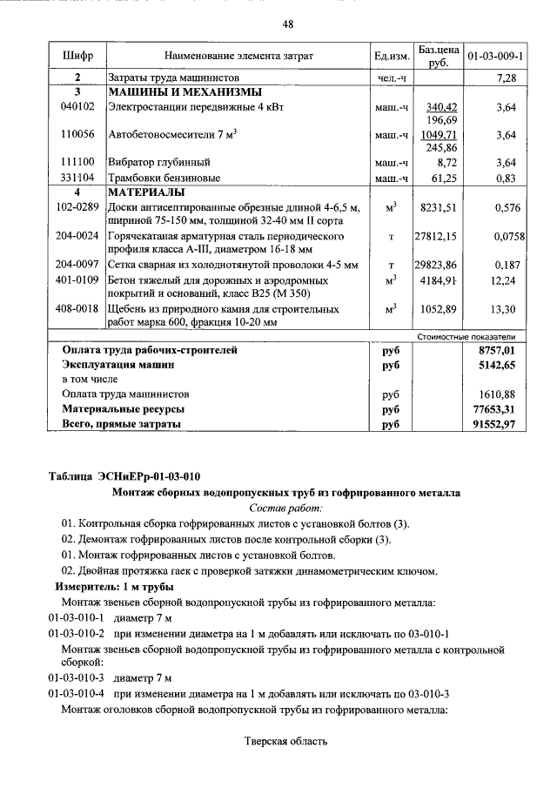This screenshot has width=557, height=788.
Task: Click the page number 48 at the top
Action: [286, 23]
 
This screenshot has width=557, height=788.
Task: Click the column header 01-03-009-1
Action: [494, 56]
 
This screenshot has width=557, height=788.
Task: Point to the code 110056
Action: [77, 135]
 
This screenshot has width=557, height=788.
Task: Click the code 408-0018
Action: [77, 309]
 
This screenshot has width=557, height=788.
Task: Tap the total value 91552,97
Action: [491, 423]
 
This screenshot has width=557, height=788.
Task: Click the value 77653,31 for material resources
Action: [491, 408]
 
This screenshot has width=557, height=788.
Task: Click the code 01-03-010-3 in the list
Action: [76, 677]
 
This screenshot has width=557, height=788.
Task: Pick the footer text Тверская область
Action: [285, 742]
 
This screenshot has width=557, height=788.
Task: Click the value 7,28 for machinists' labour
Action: [505, 78]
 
